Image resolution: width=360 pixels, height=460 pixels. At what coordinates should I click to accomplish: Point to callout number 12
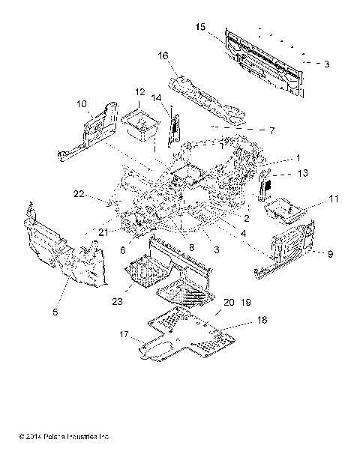point(139,91)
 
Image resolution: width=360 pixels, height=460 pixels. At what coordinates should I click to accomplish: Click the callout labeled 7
point(271,130)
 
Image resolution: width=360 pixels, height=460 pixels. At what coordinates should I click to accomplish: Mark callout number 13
point(303,174)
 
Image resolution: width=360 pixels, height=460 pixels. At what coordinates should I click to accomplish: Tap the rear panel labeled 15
point(266,64)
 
